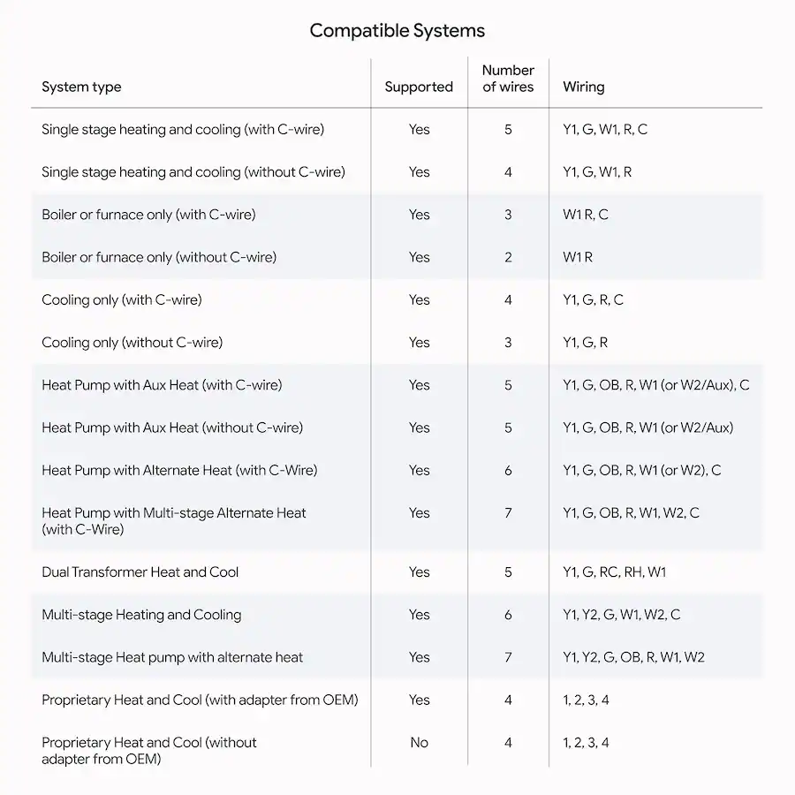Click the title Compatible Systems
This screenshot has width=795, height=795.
397,31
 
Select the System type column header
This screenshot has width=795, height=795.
81,87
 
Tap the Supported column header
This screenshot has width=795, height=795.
419,87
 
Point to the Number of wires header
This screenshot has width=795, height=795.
508,78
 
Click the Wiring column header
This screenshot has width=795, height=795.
583,87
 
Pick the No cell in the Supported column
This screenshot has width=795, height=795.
419,743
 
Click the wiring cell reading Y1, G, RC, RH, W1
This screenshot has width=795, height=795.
614,572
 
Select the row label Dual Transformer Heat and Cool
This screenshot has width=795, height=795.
140,572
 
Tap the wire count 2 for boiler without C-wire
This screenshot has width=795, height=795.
508,257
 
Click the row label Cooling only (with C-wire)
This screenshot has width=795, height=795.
121,299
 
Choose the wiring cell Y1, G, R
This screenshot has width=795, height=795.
585,342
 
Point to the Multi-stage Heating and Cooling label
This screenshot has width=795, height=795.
141,615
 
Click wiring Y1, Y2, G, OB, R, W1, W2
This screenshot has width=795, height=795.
633,657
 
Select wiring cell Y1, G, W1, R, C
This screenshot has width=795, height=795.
604,129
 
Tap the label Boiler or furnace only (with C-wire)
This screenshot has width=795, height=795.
148,215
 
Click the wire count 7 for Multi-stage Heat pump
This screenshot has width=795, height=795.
508,657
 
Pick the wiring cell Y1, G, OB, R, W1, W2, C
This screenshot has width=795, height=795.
631,513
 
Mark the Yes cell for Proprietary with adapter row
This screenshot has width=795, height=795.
419,700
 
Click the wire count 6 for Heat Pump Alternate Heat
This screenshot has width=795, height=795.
508,470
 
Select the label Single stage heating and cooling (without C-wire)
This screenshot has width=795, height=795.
193,171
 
